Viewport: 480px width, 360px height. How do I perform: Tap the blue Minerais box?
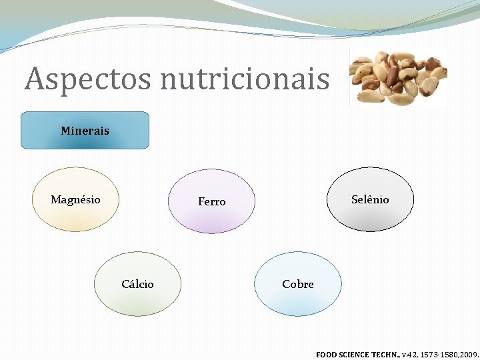click(x=85, y=130)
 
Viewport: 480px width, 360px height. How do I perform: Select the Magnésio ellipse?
click(x=75, y=213)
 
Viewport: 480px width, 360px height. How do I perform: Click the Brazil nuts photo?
click(x=398, y=77)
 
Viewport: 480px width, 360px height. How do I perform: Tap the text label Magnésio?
click(x=75, y=199)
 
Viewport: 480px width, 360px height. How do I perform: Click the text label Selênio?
click(x=370, y=199)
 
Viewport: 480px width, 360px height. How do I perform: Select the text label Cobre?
click(x=297, y=284)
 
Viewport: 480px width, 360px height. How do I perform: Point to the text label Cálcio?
click(x=137, y=284)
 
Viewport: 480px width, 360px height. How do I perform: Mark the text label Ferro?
click(x=211, y=201)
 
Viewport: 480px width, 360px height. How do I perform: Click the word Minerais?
click(x=85, y=131)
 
